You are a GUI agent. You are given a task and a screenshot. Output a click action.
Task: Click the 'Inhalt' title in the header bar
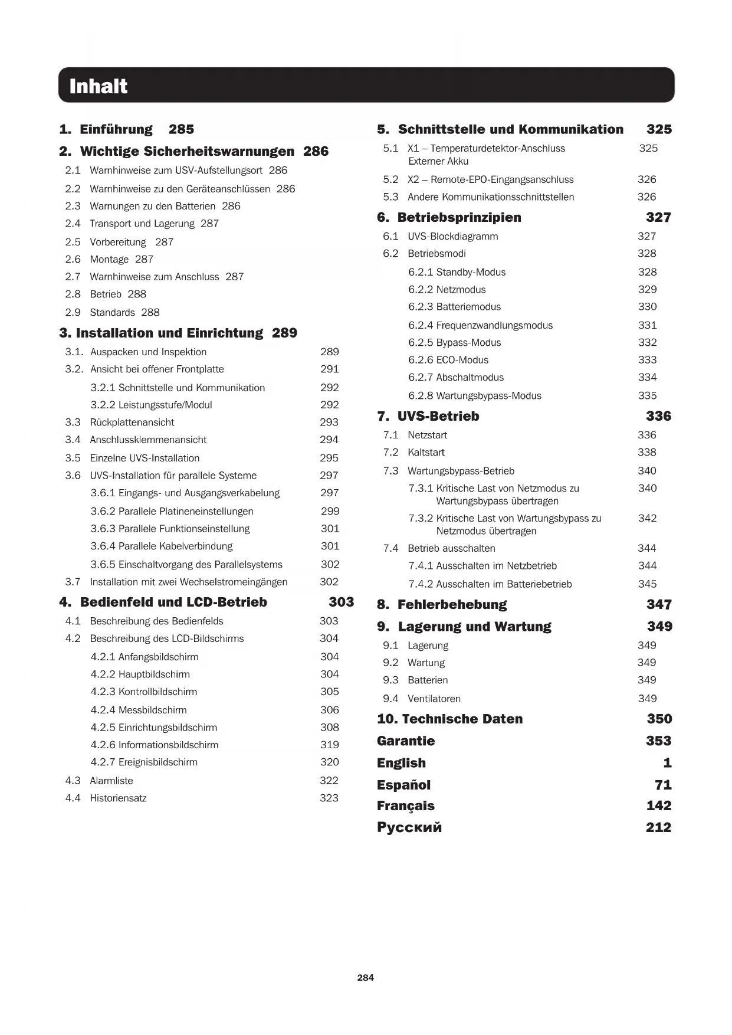[98, 87]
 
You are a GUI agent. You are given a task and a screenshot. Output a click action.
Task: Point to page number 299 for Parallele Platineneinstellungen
[330, 511]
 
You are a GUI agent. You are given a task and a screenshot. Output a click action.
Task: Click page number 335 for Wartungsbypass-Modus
[647, 395]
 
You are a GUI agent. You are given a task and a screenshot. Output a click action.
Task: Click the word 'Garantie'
[406, 741]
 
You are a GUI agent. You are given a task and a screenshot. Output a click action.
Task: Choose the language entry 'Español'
[404, 785]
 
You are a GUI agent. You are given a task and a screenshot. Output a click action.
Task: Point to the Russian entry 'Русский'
[409, 827]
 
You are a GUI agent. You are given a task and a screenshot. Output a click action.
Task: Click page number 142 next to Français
[658, 806]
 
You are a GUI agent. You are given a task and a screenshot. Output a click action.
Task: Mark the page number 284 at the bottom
[365, 978]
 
